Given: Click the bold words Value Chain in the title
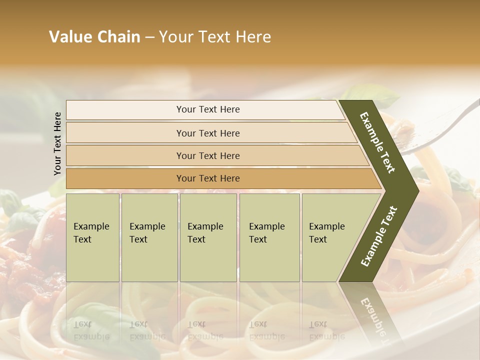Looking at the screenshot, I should point(94,37).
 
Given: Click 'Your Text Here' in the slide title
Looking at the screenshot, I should point(215,37).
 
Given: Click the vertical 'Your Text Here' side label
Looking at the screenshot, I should point(57,143).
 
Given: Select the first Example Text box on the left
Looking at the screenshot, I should point(92,237).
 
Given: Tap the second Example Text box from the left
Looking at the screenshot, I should point(149,237).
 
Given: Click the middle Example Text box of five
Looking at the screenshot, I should point(208,237).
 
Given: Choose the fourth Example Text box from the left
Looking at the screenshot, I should point(269,237).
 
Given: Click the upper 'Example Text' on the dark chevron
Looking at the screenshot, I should point(377,142).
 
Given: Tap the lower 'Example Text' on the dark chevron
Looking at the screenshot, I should point(379,236).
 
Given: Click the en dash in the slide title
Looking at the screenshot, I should point(149,37).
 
